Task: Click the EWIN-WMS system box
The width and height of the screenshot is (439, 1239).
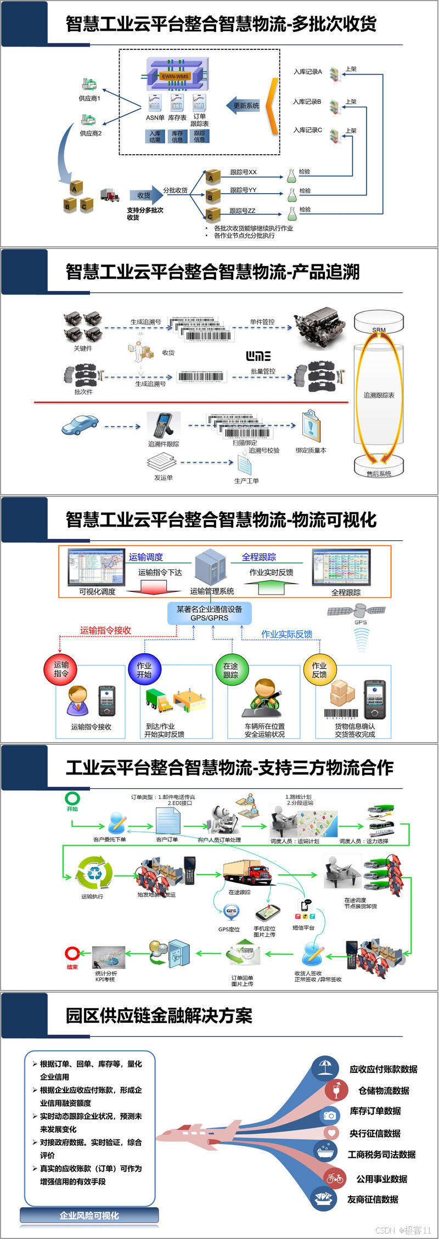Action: pos(175,76)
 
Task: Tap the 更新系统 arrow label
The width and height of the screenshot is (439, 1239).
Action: pos(246,106)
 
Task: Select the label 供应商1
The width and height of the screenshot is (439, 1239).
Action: pos(89,99)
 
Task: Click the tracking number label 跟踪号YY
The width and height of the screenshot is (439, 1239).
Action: pos(243,190)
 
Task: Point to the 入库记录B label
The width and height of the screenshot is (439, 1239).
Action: pos(307,101)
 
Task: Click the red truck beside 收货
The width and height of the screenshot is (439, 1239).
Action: pos(110,195)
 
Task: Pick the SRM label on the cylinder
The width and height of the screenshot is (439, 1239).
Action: pos(379,330)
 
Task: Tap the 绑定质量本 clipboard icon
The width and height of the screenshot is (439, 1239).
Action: pos(311,425)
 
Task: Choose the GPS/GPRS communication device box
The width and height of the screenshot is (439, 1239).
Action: pos(209,613)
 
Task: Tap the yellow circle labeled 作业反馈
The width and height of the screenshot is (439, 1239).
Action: pos(319,669)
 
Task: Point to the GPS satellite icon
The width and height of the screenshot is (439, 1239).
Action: pos(357,610)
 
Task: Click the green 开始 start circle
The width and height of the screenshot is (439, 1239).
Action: pos(72,798)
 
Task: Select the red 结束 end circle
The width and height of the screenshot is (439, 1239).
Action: pos(72,953)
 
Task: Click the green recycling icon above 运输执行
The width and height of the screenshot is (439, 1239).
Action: pos(94,873)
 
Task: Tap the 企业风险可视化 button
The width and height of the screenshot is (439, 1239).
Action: pos(89,1215)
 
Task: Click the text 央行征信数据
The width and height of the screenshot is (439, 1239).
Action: pos(375,1133)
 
